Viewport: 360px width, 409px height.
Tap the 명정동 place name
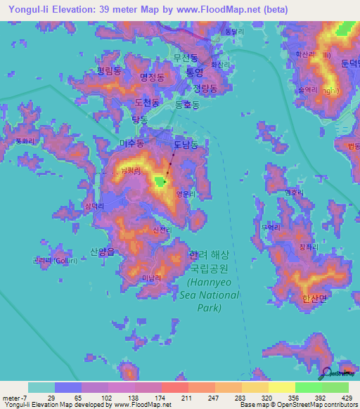[x=152, y=77]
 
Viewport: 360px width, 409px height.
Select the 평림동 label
[x=110, y=71]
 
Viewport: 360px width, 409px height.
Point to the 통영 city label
[x=195, y=72]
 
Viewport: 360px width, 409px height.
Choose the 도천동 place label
[x=146, y=103]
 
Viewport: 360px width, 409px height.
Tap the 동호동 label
[x=187, y=104]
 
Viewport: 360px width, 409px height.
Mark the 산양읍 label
[x=103, y=252]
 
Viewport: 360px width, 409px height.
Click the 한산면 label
[x=314, y=298]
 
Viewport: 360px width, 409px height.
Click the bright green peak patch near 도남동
[x=160, y=183]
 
